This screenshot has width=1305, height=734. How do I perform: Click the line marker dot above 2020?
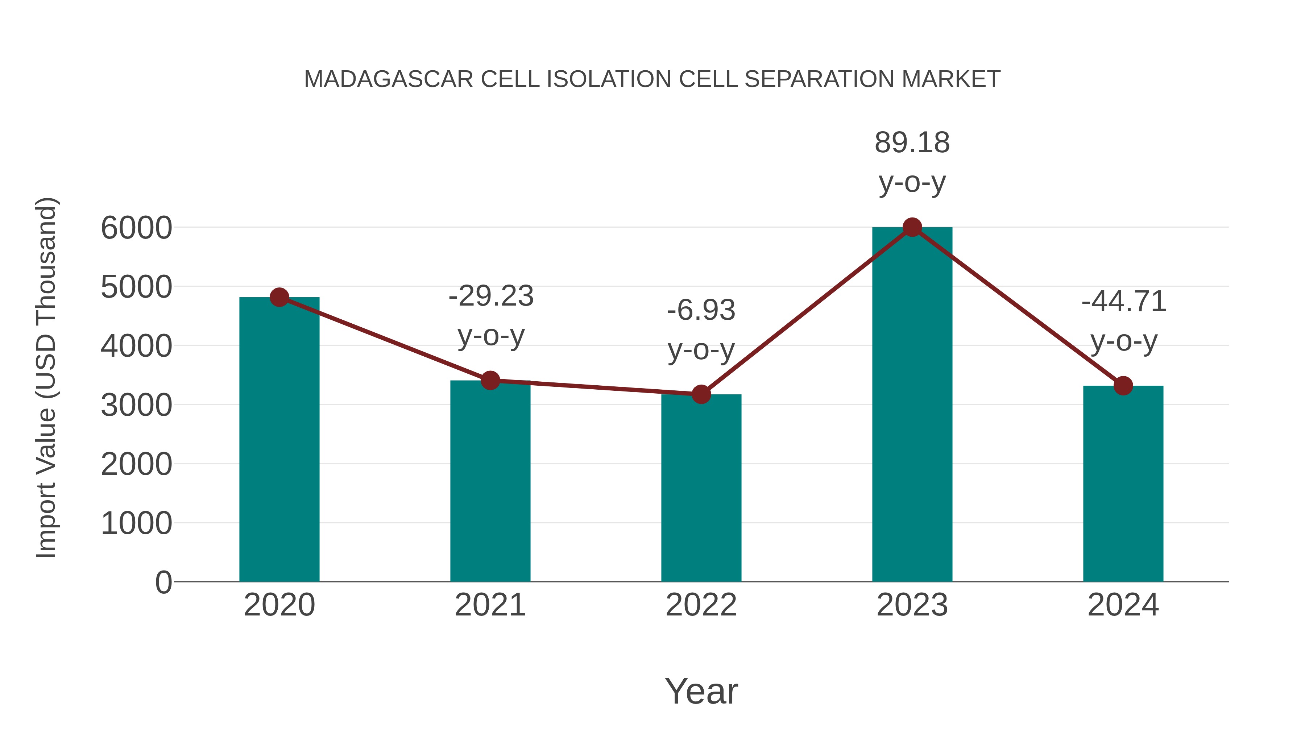click(279, 297)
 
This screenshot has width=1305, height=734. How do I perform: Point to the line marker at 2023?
click(912, 227)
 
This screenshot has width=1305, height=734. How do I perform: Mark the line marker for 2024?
click(1123, 386)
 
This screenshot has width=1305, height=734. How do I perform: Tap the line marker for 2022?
click(701, 394)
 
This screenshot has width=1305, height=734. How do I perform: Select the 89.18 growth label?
click(912, 142)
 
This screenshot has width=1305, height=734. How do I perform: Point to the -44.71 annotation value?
click(1124, 302)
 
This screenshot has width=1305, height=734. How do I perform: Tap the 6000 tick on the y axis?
click(136, 228)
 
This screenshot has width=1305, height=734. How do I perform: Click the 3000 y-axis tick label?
click(136, 405)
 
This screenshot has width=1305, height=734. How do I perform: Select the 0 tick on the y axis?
click(163, 582)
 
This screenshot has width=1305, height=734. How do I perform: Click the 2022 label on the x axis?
click(701, 605)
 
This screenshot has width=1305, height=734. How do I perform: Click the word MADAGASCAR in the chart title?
click(388, 79)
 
